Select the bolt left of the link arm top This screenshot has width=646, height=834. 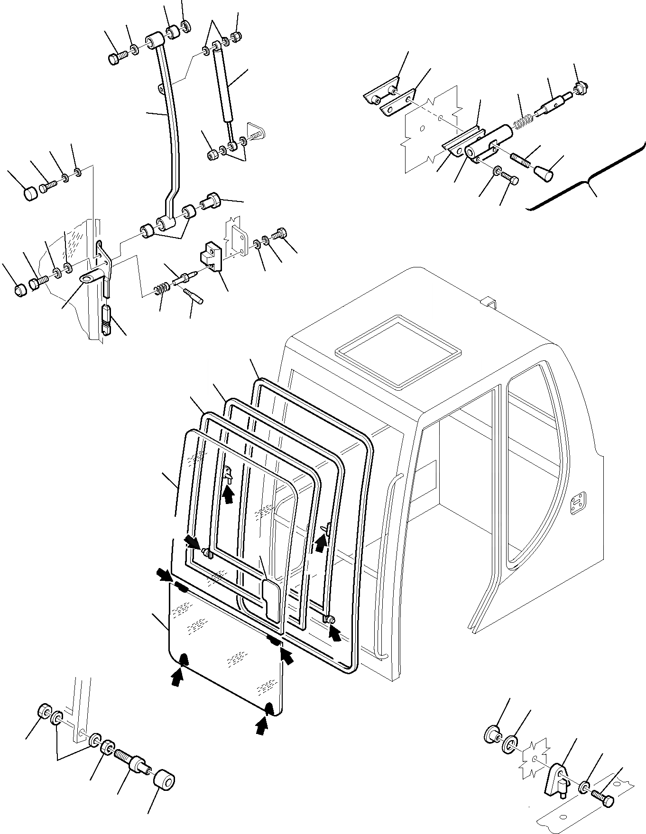pyautogui.click(x=116, y=58)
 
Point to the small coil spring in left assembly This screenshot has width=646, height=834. pyautogui.click(x=162, y=288)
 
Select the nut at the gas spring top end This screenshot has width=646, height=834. pyautogui.click(x=236, y=37)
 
